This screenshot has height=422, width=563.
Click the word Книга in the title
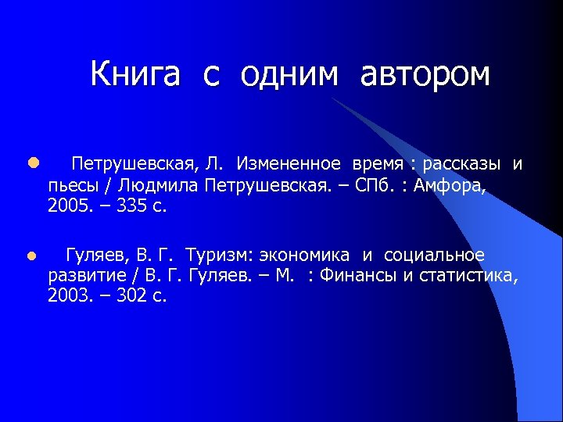click(x=135, y=74)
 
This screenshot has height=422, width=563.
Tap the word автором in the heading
click(x=425, y=74)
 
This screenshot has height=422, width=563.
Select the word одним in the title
click(x=290, y=74)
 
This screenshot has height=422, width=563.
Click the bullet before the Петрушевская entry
click(x=31, y=164)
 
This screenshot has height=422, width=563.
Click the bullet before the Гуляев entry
click(x=31, y=256)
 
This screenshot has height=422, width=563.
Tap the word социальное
click(x=434, y=256)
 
